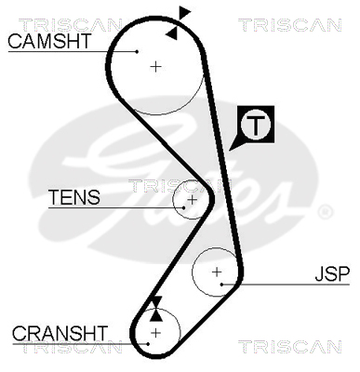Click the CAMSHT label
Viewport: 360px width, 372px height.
point(49,41)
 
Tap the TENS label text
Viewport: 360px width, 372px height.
point(74,197)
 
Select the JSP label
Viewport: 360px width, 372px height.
point(332,273)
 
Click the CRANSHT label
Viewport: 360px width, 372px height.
point(60,333)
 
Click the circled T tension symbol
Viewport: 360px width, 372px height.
point(256,125)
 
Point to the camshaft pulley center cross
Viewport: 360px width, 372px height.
point(156,67)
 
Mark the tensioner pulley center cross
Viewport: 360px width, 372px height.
point(193,200)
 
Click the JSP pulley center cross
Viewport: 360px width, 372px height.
point(217,272)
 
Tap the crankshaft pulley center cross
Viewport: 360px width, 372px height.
point(156,333)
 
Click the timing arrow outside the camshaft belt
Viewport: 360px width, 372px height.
point(184,14)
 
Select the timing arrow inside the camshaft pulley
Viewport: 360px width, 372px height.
point(172,33)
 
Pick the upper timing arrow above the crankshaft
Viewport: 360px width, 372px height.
point(156,302)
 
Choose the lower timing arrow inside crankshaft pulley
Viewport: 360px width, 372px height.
point(156,314)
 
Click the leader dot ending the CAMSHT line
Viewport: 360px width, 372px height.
point(137,51)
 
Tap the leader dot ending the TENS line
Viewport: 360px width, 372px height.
point(184,207)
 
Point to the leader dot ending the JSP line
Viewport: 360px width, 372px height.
point(221,285)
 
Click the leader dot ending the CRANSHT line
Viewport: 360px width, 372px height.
point(149,344)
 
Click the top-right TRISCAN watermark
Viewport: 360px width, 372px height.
point(289,25)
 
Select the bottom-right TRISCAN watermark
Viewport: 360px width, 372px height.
point(289,347)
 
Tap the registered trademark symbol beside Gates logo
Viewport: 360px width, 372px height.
point(326,212)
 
